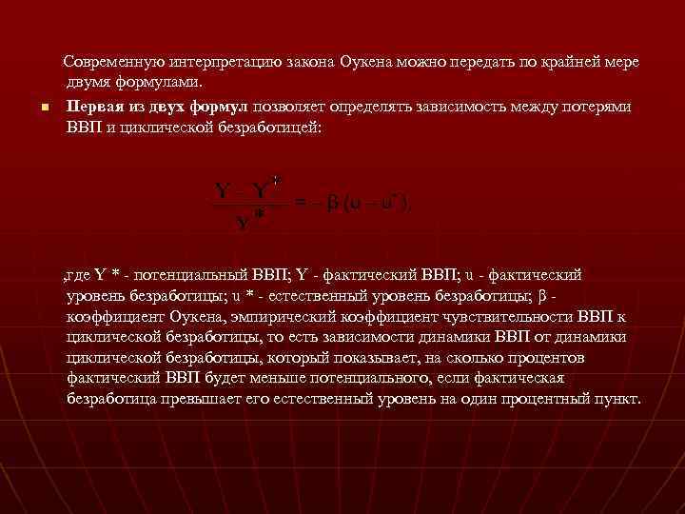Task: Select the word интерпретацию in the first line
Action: pyautogui.click(x=221, y=62)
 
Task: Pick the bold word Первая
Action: pyautogui.click(x=93, y=106)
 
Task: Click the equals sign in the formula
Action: pyautogui.click(x=298, y=202)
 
